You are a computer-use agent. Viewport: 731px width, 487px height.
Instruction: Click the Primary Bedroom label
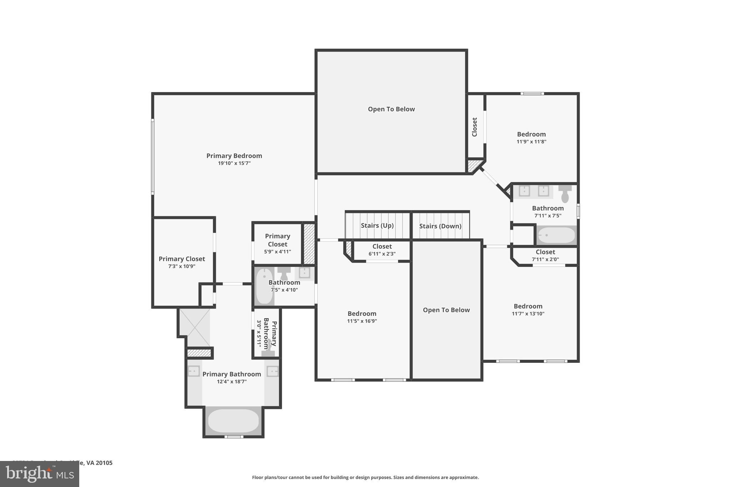234,156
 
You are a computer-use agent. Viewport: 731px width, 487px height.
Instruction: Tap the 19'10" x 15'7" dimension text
234,163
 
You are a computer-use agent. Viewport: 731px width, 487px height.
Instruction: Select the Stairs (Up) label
377,225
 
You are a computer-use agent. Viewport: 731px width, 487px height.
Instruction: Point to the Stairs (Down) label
440,226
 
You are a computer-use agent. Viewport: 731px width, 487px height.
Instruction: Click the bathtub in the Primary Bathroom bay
233,421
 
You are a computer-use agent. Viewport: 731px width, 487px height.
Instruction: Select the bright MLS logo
39,474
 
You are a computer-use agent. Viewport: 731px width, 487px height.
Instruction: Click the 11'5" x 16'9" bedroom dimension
362,321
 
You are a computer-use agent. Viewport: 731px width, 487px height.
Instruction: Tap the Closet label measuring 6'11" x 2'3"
382,247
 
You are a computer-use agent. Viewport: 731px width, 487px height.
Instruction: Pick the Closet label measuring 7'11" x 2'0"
545,252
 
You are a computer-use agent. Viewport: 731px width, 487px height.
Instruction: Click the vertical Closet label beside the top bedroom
474,127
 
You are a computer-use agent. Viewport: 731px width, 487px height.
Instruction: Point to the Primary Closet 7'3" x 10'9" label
182,259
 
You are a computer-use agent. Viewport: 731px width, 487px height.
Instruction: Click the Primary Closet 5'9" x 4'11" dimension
277,252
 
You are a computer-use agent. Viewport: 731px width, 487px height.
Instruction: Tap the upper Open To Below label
391,109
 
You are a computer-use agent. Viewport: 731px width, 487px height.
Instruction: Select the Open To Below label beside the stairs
446,310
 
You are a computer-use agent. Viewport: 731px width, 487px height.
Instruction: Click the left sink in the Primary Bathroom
193,371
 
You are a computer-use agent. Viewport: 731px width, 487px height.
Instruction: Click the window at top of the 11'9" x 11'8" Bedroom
532,93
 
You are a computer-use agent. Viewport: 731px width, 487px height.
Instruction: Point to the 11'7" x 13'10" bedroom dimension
528,314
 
